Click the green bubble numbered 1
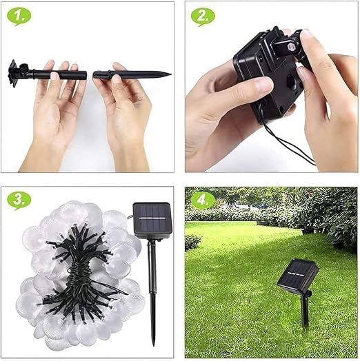19,16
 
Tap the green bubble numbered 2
203,16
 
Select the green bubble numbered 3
19,200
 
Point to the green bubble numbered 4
203,200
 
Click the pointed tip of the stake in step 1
170,74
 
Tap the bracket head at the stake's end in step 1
13,73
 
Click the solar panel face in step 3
152,217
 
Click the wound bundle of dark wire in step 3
79,278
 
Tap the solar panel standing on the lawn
298,275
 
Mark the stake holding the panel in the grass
305,309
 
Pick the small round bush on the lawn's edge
192,243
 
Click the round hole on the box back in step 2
291,82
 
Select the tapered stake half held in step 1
132,74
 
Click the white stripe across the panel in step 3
153,218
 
